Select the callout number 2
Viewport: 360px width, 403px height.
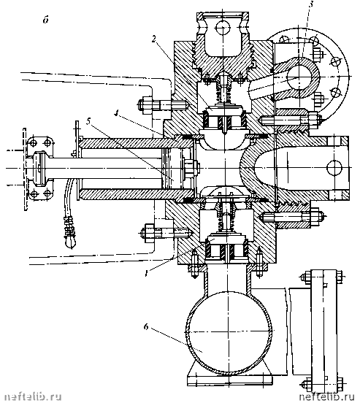point(154,39)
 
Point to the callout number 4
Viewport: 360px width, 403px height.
point(117,113)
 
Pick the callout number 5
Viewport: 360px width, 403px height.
point(88,121)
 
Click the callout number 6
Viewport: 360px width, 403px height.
point(146,327)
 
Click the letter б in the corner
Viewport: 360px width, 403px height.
point(46,20)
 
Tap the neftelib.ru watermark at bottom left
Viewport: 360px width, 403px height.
point(33,396)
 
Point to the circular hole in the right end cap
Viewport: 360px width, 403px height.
point(334,169)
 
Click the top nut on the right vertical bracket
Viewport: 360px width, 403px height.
point(305,277)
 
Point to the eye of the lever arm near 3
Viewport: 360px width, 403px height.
point(298,77)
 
